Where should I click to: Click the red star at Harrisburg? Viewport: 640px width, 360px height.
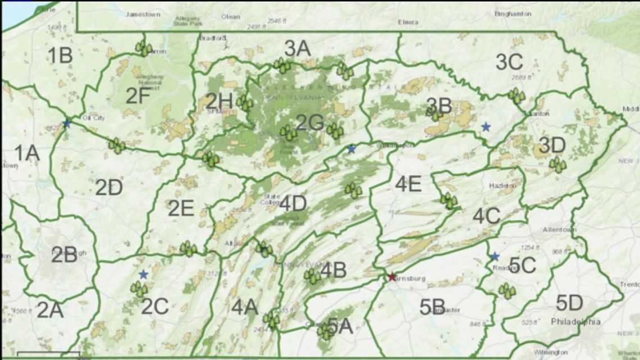392,277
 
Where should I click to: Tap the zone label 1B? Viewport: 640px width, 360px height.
60,55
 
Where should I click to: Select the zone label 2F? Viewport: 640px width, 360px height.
138,96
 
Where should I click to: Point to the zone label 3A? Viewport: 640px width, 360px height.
297,48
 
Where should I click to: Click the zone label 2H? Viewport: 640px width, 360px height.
218,101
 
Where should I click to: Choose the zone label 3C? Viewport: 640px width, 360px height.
509,62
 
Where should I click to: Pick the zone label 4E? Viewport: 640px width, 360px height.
408,183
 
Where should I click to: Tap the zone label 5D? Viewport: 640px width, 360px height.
569,303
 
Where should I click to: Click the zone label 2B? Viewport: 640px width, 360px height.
65,254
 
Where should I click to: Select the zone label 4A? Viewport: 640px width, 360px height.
245,307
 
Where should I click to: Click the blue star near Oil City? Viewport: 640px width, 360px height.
67,123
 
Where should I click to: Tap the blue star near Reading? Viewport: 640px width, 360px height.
495,257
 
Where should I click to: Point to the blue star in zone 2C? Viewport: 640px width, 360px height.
144,274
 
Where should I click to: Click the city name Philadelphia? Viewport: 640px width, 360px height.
575,322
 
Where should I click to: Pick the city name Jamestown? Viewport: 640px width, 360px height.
144,14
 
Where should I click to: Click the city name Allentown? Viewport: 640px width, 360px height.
559,230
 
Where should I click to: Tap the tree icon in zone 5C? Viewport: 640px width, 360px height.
507,291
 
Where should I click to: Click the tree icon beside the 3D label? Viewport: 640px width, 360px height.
557,165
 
